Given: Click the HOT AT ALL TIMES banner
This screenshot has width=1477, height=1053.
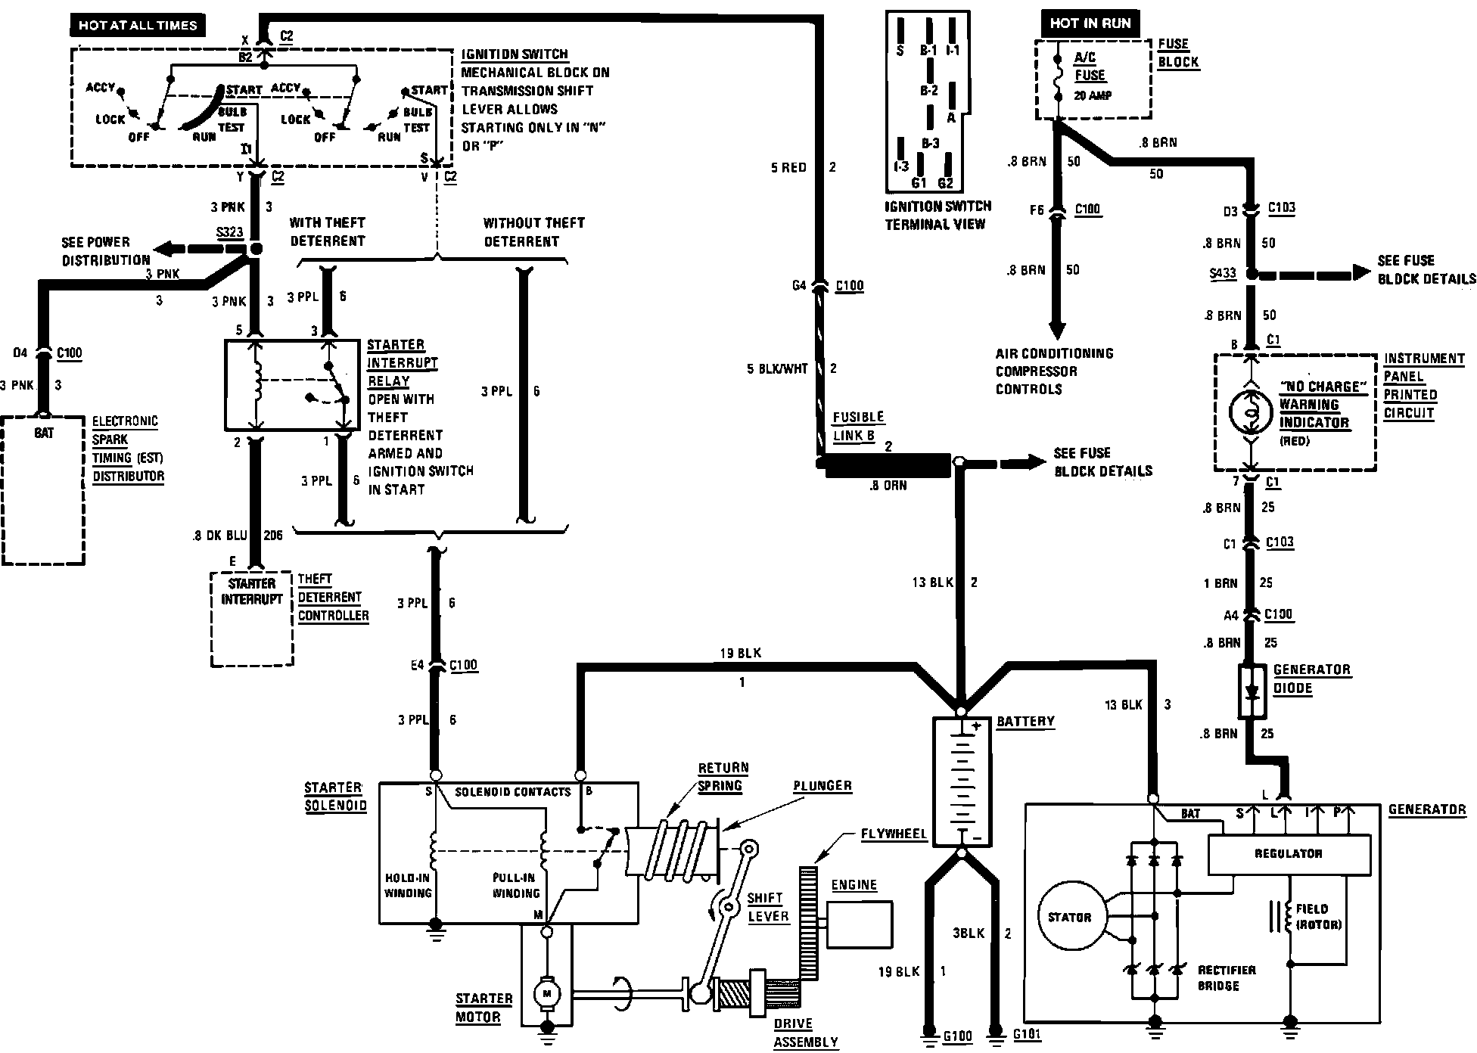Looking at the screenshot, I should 137,25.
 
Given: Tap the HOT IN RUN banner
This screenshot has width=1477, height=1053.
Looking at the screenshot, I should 1090,23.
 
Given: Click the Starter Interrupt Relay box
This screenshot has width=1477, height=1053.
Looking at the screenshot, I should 292,384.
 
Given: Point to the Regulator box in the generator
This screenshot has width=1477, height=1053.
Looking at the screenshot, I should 1288,853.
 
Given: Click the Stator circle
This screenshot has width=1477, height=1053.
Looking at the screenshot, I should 1069,917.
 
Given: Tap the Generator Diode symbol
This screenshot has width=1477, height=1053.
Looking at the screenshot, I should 1252,691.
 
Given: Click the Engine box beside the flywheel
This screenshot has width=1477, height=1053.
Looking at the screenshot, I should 859,924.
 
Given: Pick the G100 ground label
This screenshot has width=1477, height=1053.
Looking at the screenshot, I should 957,1035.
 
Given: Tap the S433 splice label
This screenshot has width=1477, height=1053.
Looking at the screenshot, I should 1223,274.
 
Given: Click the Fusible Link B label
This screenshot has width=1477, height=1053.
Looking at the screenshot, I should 858,426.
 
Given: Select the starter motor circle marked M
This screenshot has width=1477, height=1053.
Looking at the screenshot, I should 545,992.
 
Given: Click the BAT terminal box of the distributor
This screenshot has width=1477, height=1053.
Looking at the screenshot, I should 44,433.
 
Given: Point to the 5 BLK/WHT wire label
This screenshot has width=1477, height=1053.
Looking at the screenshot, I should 777,368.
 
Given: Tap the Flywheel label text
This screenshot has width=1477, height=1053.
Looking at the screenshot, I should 894,834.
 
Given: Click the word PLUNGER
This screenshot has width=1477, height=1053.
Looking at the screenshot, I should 822,785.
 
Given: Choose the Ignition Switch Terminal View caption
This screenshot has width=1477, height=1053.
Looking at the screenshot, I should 937,215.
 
